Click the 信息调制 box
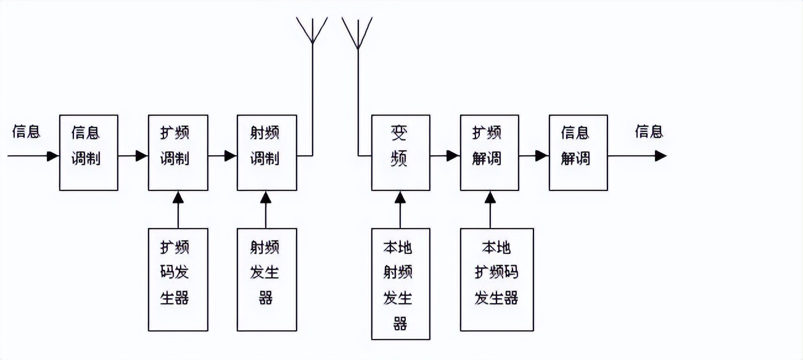click(88, 152)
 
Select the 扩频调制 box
click(178, 152)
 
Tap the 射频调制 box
click(266, 152)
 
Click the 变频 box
click(400, 152)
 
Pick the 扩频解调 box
click(490, 152)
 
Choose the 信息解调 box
click(578, 152)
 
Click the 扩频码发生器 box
click(178, 279)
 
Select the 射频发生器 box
click(266, 279)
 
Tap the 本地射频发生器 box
click(400, 284)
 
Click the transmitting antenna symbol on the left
click(312, 31)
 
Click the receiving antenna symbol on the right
click(357, 31)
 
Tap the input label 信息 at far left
click(26, 131)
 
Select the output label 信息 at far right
click(649, 131)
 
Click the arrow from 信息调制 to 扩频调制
click(133, 156)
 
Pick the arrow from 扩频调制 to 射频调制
click(223, 156)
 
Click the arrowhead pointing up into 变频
click(400, 197)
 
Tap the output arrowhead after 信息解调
click(661, 156)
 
